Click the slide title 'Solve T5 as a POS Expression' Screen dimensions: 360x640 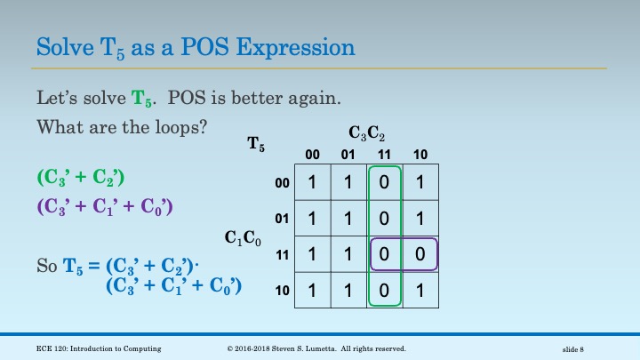(196, 46)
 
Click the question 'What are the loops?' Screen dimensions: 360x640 (122, 126)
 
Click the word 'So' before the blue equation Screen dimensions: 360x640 (47, 265)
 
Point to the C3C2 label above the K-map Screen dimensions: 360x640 (367, 134)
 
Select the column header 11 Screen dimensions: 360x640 (385, 154)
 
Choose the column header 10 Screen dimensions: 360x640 (421, 154)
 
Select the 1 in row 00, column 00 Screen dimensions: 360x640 (312, 182)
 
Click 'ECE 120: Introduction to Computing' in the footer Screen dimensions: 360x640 (100, 348)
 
